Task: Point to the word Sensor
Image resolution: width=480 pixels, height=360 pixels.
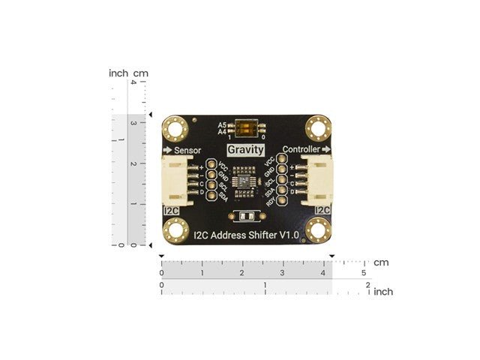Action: coord(187,150)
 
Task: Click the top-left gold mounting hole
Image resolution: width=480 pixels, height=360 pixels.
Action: coord(177,127)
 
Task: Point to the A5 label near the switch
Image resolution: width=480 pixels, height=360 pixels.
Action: coord(222,124)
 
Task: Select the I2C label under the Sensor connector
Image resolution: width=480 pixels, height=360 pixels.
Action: coord(172,210)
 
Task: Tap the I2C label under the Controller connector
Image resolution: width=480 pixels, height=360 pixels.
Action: coord(323,210)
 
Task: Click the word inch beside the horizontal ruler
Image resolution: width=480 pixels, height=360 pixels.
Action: coord(382,291)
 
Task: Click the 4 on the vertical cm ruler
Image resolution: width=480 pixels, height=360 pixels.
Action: coord(133,83)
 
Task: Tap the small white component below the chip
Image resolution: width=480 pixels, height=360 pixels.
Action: coord(244,217)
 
